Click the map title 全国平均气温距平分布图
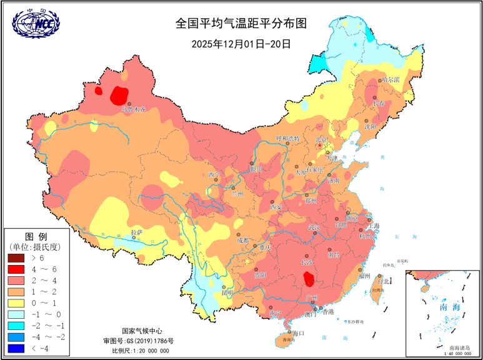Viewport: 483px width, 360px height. pos(241,24)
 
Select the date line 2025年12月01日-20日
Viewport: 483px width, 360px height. pos(241,44)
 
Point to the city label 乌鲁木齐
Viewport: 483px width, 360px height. pos(132,109)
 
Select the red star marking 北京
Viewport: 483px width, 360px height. pos(320,145)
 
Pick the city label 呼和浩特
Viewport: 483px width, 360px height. pos(288,138)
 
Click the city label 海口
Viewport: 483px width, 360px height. pos(297,333)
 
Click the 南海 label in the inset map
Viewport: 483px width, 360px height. pos(448,307)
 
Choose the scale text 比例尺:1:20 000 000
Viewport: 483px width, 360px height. pos(136,351)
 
